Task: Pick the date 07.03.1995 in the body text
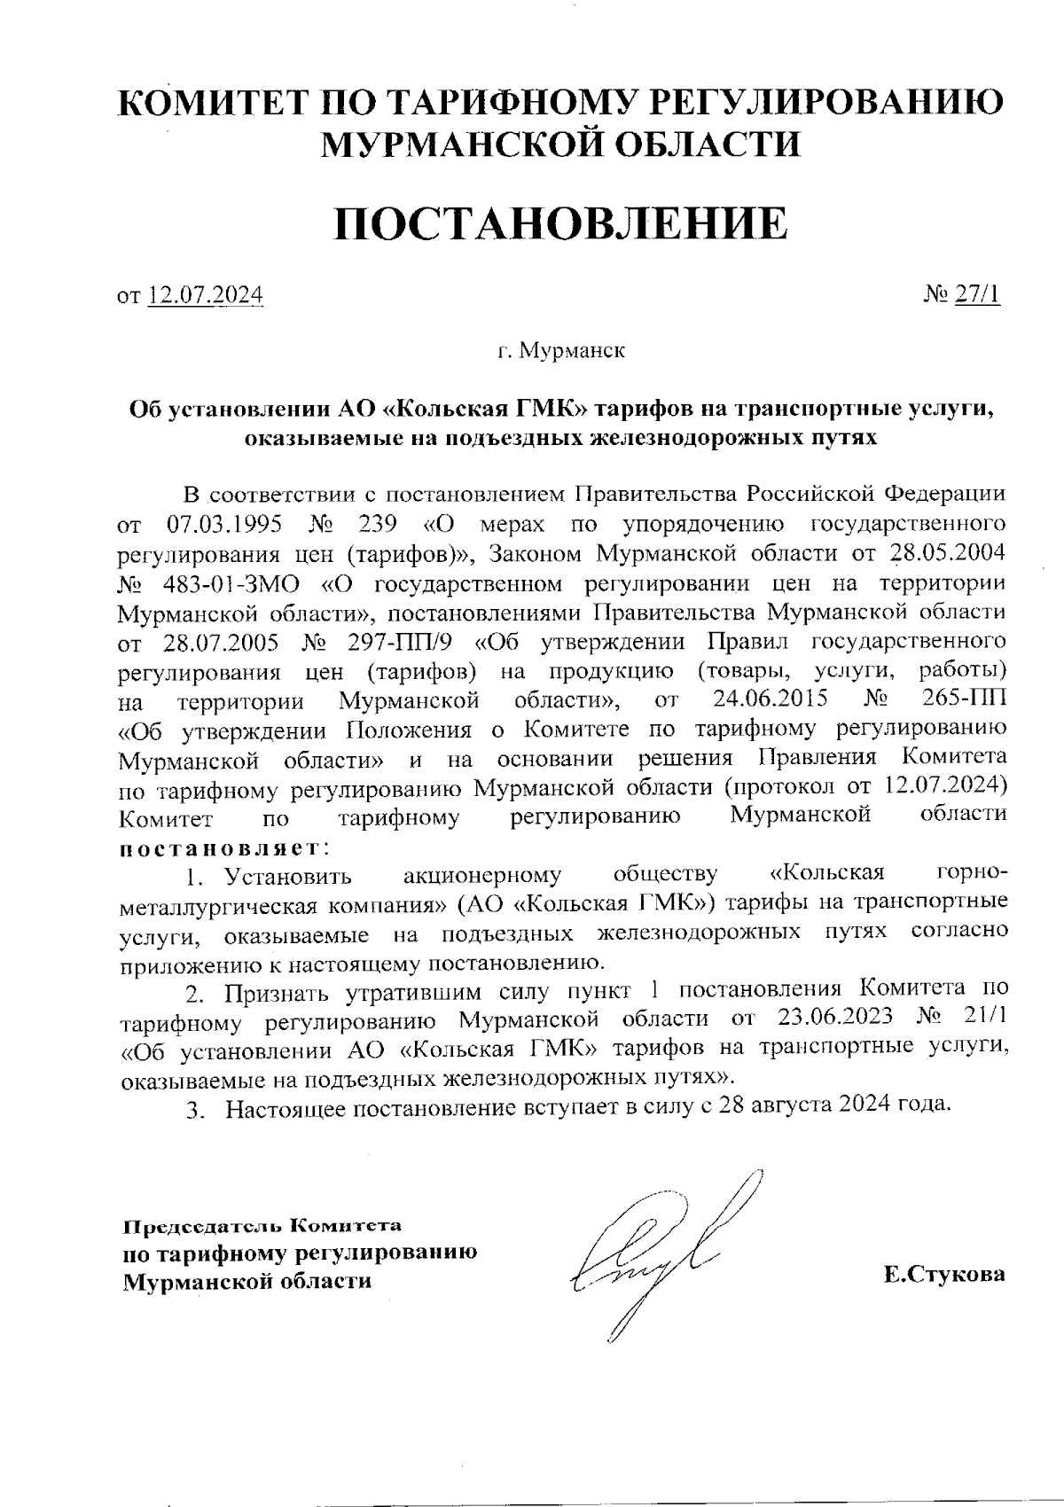pyautogui.click(x=224, y=523)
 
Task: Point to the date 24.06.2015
pyautogui.click(x=771, y=699)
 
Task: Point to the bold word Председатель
pyautogui.click(x=200, y=1228)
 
